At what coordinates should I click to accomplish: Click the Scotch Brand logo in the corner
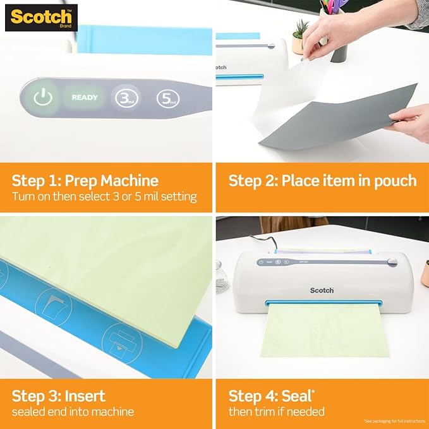coord(41,18)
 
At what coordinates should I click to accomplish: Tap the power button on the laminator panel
coord(42,98)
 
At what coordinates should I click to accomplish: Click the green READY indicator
coord(85,98)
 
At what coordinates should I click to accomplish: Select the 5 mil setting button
coord(167,98)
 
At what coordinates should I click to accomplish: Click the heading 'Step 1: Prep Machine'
coord(85,181)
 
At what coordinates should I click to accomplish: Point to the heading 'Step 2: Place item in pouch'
coord(322,181)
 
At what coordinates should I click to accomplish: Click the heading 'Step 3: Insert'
coord(58,396)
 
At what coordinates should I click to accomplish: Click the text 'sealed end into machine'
coord(73,412)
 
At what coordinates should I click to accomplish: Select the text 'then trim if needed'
coord(276,412)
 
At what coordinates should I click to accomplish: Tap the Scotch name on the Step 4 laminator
coord(322,290)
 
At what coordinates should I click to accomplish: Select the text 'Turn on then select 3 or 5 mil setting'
coord(104,197)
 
